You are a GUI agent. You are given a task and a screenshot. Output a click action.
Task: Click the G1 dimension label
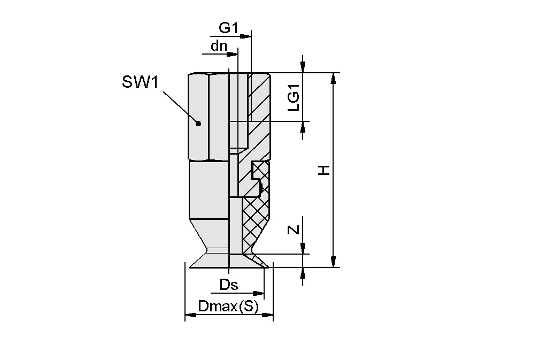point(228,27)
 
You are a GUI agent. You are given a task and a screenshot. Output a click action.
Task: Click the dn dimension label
point(218,46)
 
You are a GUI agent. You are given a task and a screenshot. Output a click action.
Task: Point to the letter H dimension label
point(324,171)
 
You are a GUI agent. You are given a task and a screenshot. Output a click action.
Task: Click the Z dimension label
point(293,231)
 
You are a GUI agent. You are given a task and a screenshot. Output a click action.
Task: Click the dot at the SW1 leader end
point(198,124)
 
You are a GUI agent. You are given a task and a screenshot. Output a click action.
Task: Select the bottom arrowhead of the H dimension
point(334,262)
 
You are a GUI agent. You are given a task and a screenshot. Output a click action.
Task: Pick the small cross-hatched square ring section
point(260,171)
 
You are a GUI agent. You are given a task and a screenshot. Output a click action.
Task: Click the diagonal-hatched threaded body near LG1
point(261,107)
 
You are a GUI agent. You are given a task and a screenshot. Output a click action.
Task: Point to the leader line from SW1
point(179,106)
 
